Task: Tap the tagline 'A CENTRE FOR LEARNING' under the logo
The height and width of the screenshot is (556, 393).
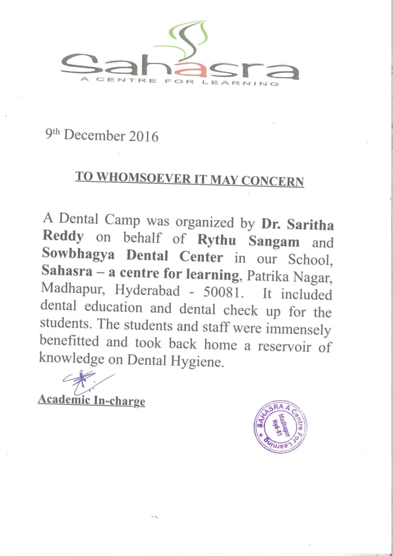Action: (180, 82)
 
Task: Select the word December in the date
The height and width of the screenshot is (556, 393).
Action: (96, 135)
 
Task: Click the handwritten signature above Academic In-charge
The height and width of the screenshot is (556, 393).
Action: (87, 381)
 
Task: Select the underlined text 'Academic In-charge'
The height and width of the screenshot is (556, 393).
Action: (91, 401)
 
